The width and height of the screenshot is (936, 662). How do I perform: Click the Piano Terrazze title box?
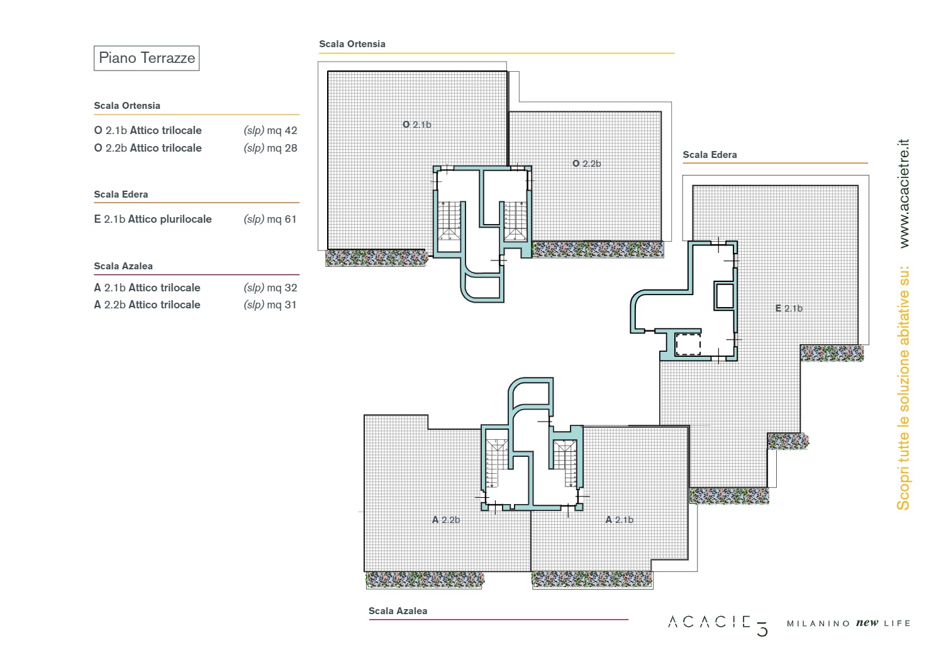pos(146,58)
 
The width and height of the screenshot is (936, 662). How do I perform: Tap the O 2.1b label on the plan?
pos(416,125)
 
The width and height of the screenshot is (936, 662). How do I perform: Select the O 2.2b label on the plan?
pos(586,164)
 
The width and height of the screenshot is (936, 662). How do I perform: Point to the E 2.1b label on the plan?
pos(789,308)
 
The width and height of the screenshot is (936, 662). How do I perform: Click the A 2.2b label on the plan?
pos(445,520)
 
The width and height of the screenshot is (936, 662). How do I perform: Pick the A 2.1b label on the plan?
pos(619,520)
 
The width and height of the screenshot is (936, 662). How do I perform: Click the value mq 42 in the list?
pos(282,130)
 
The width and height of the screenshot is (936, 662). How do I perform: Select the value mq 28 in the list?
pos(282,148)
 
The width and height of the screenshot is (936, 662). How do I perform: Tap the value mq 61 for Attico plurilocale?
pos(282,219)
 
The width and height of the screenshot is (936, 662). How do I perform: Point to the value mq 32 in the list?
pos(282,288)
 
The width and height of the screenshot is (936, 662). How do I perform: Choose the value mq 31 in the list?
pos(282,305)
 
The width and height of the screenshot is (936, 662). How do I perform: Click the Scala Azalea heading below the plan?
pos(398,610)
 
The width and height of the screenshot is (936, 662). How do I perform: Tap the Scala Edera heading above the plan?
pos(710,155)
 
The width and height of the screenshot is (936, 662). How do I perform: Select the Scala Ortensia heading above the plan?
pos(352,44)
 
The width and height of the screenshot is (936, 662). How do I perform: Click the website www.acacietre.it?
pos(904,193)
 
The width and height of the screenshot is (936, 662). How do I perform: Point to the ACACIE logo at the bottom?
pos(718,625)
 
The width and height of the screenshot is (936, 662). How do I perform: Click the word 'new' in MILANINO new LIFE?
pos(867,623)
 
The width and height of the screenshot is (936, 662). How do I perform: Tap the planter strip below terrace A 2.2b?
pos(425,580)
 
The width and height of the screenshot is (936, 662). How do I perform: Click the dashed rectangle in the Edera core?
pos(688,345)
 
